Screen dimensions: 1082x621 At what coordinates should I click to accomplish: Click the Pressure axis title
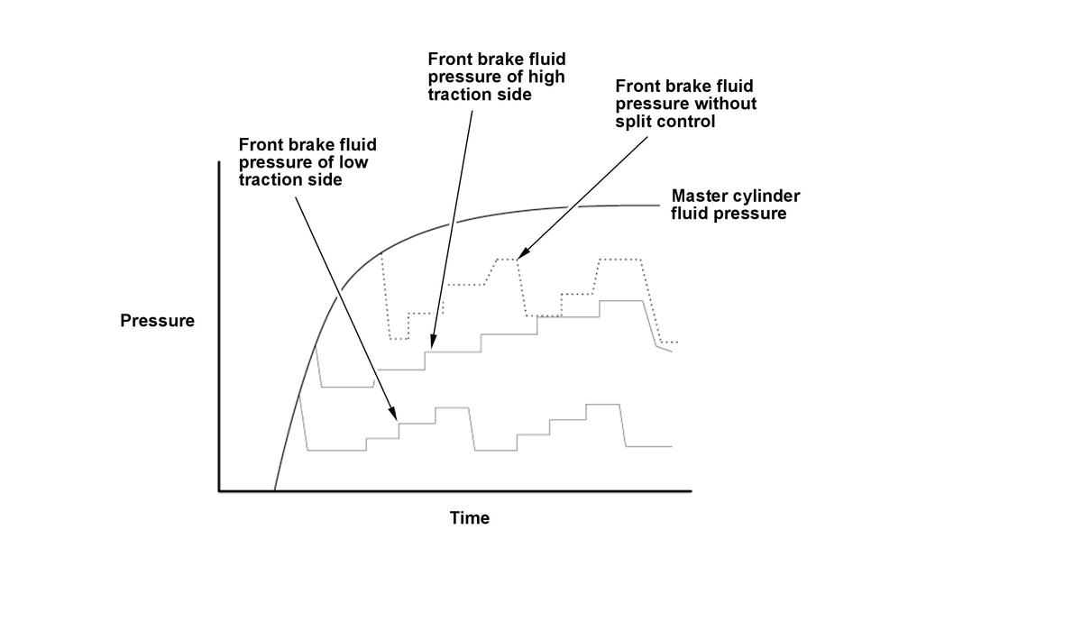click(x=157, y=321)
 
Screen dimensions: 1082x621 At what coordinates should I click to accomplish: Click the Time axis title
click(x=470, y=518)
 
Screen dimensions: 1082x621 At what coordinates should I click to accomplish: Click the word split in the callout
click(x=632, y=121)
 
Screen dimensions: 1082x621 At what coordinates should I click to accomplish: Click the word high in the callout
click(x=546, y=77)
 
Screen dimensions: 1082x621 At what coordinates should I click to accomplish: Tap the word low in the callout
click(x=353, y=162)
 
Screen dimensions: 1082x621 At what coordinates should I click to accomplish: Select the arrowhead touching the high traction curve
click(x=432, y=342)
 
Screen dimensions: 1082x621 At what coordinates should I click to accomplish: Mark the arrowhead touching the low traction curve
click(x=393, y=414)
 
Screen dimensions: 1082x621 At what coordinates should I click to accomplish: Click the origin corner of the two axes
click(x=219, y=491)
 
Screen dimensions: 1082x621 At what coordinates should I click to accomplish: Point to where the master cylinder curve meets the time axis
click(x=274, y=490)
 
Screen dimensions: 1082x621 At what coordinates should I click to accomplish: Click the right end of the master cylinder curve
click(x=659, y=205)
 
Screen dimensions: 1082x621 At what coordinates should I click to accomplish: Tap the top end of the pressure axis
click(x=219, y=161)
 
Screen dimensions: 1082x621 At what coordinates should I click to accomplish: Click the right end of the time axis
click(x=692, y=491)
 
